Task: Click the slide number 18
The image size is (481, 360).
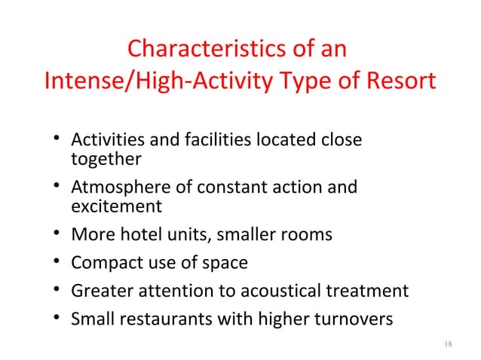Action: [448, 344]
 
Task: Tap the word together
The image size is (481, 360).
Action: [106, 159]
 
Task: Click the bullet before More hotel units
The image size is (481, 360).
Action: [56, 234]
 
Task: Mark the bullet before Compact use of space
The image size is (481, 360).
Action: [56, 263]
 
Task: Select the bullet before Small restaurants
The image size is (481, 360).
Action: [56, 320]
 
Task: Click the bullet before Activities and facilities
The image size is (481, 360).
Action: [56, 141]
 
